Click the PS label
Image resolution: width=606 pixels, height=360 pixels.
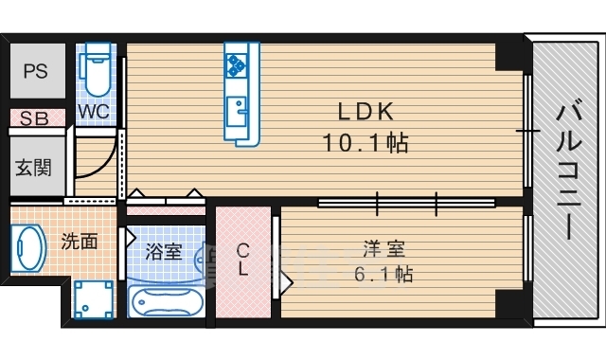[36, 72]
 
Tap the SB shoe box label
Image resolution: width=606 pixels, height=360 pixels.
[34, 118]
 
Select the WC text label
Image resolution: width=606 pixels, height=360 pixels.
[94, 112]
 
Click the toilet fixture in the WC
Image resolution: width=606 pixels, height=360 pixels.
[97, 69]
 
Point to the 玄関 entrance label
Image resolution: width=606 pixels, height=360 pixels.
[34, 168]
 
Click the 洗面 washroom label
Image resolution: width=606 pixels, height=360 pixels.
[80, 242]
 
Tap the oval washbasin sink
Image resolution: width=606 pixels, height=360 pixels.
[27, 248]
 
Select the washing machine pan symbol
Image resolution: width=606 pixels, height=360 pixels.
[94, 299]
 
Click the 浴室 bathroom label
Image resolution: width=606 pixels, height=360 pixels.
[164, 252]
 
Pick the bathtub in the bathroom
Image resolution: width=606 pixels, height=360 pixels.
[166, 301]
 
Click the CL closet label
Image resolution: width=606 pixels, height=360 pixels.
[242, 260]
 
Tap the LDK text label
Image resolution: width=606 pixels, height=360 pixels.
[366, 112]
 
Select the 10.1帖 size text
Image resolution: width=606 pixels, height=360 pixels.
[365, 143]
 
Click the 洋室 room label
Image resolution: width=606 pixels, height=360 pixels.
[383, 249]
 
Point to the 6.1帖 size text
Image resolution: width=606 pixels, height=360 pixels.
[383, 274]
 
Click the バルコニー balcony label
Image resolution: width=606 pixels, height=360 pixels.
[569, 170]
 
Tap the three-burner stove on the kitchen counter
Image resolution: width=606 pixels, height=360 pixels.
[236, 64]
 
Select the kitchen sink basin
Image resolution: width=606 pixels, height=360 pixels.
[236, 112]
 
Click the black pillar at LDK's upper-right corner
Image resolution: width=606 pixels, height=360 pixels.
[509, 57]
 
